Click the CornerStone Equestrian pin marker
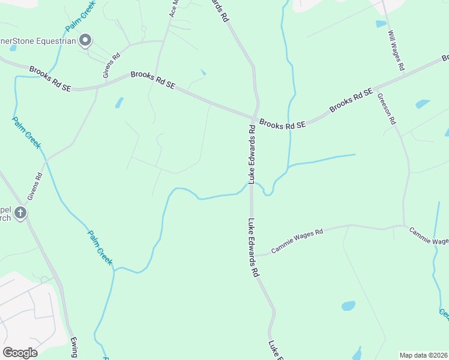click(85, 40)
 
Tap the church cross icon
click(20, 212)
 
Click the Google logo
click(20, 353)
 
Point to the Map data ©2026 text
click(423, 355)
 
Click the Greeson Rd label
click(387, 110)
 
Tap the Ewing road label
click(74, 347)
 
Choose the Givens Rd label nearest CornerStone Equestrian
click(111, 65)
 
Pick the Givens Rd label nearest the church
click(35, 187)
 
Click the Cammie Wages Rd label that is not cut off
click(297, 240)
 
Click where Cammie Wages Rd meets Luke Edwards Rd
click(252, 255)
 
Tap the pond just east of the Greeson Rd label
click(422, 104)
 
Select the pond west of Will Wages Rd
click(381, 24)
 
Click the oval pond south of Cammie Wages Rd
click(348, 306)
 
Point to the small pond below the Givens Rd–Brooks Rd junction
click(119, 103)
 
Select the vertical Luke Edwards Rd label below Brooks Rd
click(252, 154)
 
